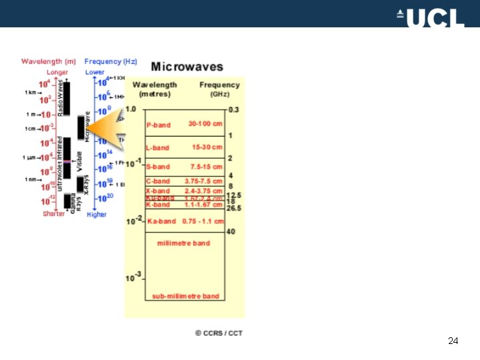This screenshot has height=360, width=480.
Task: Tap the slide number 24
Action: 453,341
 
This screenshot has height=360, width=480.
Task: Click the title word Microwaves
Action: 187,67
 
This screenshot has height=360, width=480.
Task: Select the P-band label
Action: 158,125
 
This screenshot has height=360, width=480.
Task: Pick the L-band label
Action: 158,147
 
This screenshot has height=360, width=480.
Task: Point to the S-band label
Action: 158,167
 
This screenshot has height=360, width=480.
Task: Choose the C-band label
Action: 158,181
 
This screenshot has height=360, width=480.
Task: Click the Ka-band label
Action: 161,221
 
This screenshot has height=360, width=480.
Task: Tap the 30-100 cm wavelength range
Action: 205,124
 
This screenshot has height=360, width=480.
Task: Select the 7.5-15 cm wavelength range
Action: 205,167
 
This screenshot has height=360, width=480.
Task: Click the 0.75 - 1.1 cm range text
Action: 203,221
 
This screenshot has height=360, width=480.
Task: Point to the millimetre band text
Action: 183,243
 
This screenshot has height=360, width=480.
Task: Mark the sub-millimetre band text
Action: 185,296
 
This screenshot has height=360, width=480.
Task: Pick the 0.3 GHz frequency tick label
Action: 233,109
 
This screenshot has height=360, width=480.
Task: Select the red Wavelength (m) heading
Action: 48,62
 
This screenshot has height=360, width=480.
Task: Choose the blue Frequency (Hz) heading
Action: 111,62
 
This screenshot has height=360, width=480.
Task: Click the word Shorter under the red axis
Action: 54,214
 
